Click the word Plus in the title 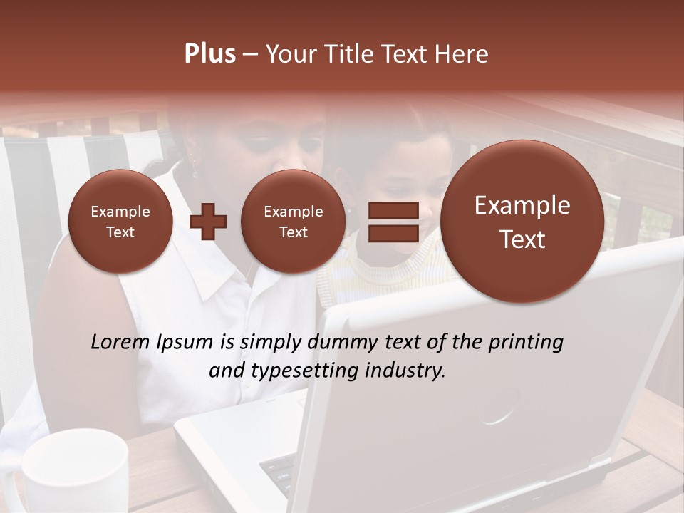(x=209, y=54)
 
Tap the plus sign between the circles (x=208, y=222)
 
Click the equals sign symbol (x=393, y=221)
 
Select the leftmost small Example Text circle (x=120, y=222)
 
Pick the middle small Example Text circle (x=293, y=222)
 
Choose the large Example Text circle (x=522, y=222)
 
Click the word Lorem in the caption (x=121, y=342)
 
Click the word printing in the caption (x=526, y=343)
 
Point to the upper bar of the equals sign (x=393, y=210)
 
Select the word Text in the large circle (x=522, y=239)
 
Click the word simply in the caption (x=266, y=343)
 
